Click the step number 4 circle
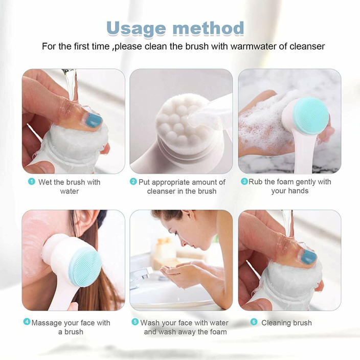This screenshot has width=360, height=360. click(27, 322)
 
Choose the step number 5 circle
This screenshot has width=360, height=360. click(135, 322)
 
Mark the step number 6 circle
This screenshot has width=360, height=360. click(254, 322)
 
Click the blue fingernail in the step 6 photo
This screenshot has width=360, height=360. click(308, 257)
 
